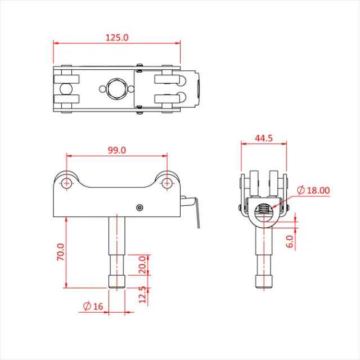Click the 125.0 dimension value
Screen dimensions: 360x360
pyautogui.click(x=117, y=37)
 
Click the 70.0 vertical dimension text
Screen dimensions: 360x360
pyautogui.click(x=61, y=251)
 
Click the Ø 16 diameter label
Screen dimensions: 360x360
pyautogui.click(x=93, y=307)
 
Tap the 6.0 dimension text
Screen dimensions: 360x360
pyautogui.click(x=290, y=241)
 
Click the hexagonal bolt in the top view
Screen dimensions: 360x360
pyautogui.click(x=116, y=89)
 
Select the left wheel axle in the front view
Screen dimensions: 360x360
pyautogui.click(x=66, y=182)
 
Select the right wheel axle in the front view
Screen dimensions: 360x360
pyautogui.click(x=166, y=182)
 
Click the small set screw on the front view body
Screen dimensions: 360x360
pyautogui.click(x=139, y=208)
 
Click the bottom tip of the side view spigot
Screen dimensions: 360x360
pyautogui.click(x=263, y=286)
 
